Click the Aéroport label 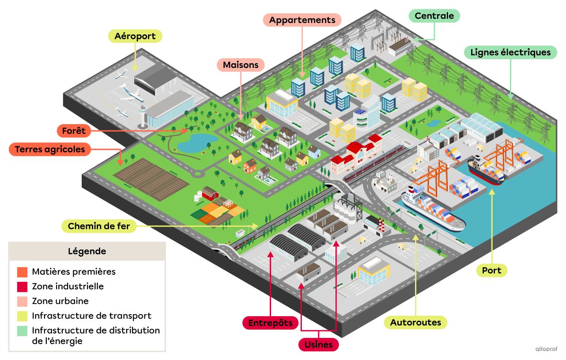(135, 36)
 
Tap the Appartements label (302, 20)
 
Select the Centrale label (434, 16)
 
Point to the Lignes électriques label (510, 53)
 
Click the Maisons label (241, 65)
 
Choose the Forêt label (74, 131)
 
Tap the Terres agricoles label (50, 149)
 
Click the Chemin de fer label (99, 227)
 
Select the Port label (491, 270)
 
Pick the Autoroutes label (415, 322)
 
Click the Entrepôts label (270, 323)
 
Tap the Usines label (318, 345)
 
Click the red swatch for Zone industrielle (23, 287)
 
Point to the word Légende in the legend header (87, 251)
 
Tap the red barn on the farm (210, 193)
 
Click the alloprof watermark (546, 349)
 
